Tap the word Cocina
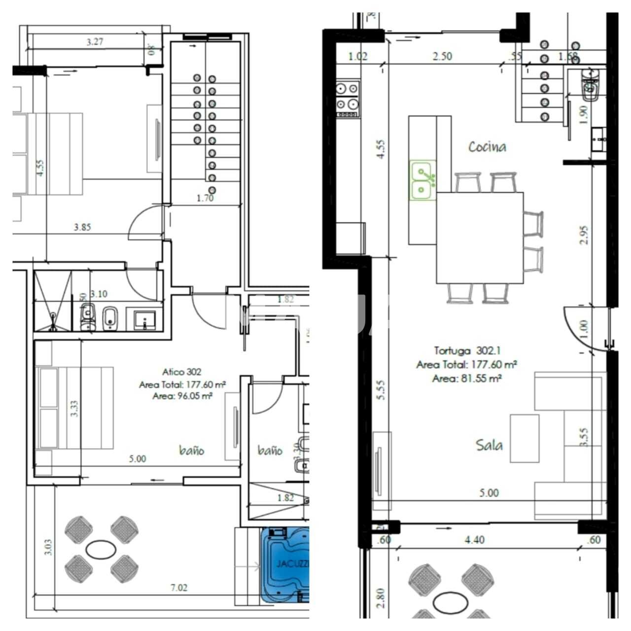click(x=487, y=147)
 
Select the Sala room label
click(x=489, y=445)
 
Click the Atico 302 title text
click(x=181, y=372)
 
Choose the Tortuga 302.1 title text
click(x=467, y=351)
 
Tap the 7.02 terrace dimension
click(x=178, y=588)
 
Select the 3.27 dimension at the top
click(x=95, y=42)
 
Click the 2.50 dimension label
click(x=442, y=56)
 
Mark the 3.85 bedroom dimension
click(x=82, y=228)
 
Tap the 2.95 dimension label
click(x=584, y=236)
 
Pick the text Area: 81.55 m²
click(x=467, y=379)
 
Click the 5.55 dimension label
click(x=381, y=389)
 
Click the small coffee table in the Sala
click(x=524, y=438)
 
